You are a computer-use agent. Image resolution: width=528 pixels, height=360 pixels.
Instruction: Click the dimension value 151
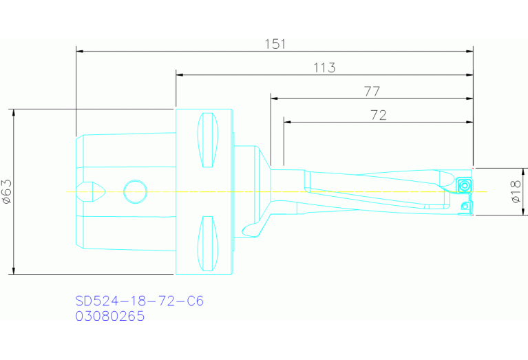[275, 43]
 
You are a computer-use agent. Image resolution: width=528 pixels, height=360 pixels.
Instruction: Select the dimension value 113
[324, 67]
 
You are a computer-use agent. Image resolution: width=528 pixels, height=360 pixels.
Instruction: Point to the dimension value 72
[378, 115]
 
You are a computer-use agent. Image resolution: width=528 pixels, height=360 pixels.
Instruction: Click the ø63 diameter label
[6, 191]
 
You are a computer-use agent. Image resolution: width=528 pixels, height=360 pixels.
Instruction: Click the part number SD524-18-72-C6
[139, 301]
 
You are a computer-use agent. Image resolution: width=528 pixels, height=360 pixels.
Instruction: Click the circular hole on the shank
[135, 191]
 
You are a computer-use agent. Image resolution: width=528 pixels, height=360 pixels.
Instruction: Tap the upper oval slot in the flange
[209, 140]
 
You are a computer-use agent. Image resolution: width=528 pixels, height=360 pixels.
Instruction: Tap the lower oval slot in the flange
[209, 244]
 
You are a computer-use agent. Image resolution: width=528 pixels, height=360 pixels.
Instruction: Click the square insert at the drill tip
[463, 184]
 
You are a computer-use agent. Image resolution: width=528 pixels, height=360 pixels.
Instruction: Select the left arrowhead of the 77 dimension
[274, 98]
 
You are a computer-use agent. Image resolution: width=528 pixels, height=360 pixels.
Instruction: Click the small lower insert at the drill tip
[466, 206]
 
